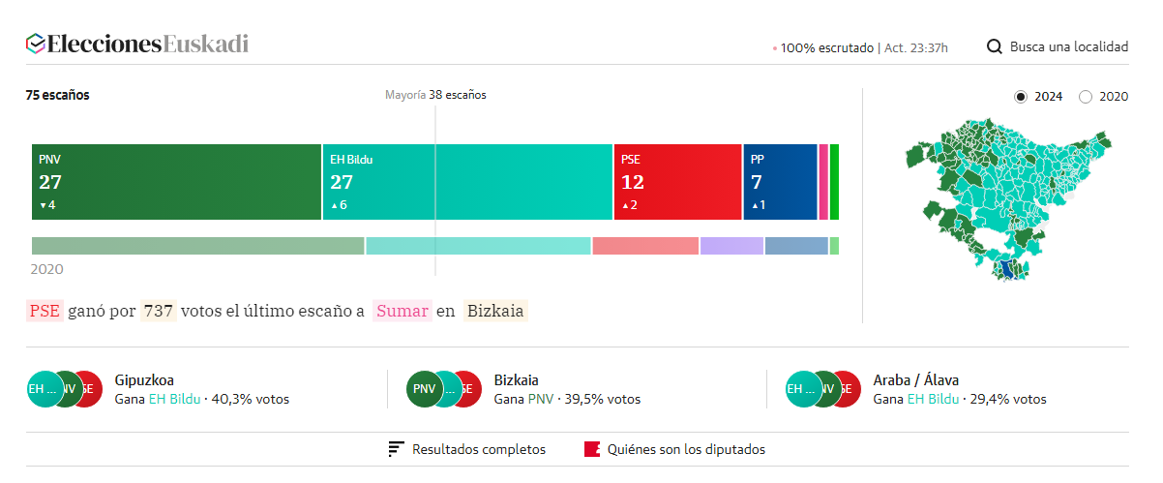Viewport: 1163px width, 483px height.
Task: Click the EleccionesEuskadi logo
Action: point(137,45)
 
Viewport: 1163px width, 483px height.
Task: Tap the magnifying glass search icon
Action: point(994,46)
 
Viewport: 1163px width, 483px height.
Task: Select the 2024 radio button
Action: point(1021,97)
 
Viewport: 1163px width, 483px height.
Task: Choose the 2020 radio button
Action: point(1086,97)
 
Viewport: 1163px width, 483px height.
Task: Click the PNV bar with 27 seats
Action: point(176,182)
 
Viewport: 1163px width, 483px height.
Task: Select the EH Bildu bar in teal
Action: point(467,182)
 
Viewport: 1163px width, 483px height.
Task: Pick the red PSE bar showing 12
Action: point(677,182)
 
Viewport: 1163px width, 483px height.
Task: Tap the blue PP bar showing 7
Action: point(780,182)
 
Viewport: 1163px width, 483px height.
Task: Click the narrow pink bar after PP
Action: point(823,182)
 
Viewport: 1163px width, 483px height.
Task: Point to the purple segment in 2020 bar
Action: point(731,246)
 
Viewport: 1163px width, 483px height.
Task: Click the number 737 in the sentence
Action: point(158,311)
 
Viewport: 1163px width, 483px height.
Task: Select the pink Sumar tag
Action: point(403,311)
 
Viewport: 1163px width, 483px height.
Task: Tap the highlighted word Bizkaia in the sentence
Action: point(494,311)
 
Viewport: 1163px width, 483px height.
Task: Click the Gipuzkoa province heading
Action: point(144,380)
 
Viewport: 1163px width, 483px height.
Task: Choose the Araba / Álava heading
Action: point(915,380)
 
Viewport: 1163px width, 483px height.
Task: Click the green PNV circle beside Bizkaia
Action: point(424,389)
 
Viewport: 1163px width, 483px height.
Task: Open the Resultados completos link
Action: point(478,449)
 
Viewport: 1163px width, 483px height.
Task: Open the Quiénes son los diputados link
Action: point(685,449)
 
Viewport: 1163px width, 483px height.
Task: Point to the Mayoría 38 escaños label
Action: point(435,95)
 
